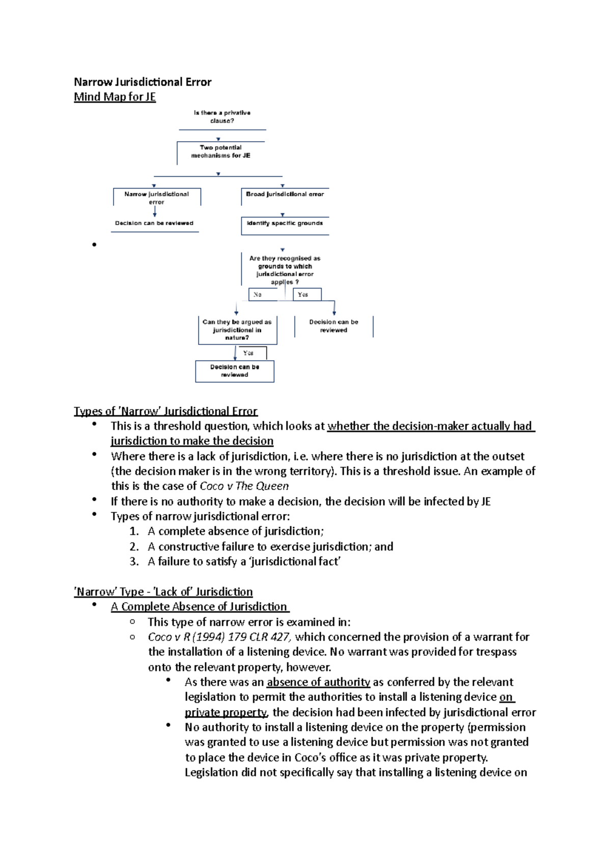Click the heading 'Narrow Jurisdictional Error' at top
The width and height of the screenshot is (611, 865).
[143, 82]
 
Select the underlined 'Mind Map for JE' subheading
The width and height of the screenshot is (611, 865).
[115, 97]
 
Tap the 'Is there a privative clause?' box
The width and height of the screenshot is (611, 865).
[222, 117]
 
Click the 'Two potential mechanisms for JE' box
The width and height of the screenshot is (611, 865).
[220, 152]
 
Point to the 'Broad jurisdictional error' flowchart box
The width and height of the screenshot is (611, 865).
[285, 195]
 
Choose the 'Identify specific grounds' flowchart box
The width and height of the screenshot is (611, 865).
[285, 224]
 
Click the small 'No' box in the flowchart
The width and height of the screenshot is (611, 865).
[258, 294]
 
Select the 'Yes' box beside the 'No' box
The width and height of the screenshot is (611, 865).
[303, 294]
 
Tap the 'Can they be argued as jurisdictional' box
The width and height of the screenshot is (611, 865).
[237, 330]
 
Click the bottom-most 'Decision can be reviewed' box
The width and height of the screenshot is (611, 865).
[235, 371]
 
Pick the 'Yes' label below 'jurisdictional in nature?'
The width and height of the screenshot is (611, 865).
[248, 353]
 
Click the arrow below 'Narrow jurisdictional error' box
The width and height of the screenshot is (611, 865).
[155, 212]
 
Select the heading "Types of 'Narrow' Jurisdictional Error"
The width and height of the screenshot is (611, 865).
[165, 411]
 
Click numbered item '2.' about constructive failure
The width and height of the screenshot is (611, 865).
[134, 547]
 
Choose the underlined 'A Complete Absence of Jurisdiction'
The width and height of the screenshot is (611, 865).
[199, 607]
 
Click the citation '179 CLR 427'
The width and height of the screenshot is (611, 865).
[259, 637]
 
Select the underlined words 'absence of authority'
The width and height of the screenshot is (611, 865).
[318, 682]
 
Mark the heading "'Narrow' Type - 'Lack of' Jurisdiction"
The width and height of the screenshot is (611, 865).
[163, 592]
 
